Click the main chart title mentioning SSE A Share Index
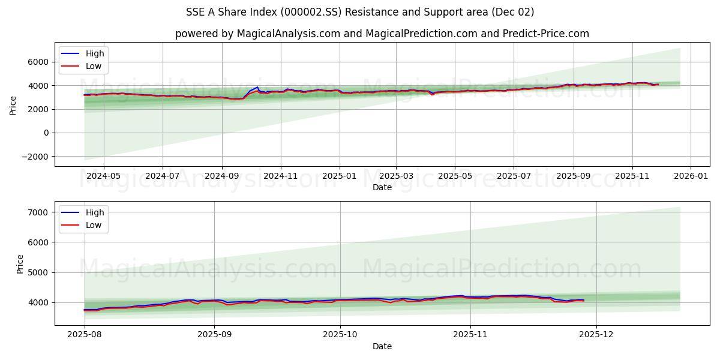click(360, 12)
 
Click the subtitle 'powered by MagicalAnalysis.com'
click(382, 34)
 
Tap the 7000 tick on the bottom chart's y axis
click(38, 212)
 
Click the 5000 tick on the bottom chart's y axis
click(38, 272)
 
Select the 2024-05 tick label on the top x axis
click(104, 176)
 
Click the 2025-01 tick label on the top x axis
click(340, 176)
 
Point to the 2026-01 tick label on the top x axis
click(691, 176)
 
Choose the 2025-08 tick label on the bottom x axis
click(85, 335)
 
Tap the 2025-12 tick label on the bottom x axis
click(596, 335)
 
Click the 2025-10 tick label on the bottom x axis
click(340, 335)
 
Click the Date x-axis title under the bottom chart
click(382, 346)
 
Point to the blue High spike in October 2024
click(257, 88)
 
